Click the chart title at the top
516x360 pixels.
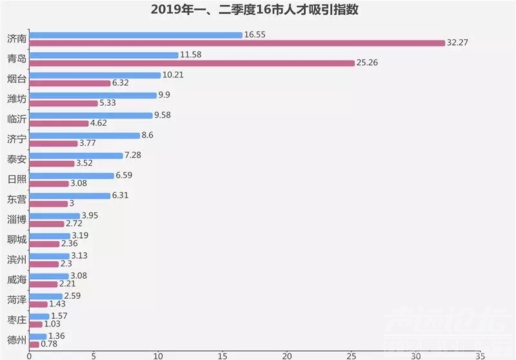click(254, 10)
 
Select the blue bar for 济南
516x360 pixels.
click(136, 35)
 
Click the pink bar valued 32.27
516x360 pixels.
click(237, 43)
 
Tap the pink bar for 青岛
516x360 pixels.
click(192, 63)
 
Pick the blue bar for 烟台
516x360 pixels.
click(95, 75)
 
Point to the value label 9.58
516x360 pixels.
click(163, 115)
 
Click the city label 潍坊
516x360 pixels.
click(17, 99)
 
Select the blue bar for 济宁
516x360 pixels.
click(85, 135)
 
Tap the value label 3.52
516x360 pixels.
click(84, 163)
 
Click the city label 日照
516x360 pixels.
click(17, 179)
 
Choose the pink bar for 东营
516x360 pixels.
click(49, 204)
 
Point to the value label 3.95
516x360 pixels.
click(90, 215)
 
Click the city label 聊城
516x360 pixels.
click(17, 239)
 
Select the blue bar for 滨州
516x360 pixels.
click(50, 256)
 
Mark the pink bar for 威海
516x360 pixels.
click(43, 285)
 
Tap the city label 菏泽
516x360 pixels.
click(17, 300)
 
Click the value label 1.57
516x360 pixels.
click(59, 316)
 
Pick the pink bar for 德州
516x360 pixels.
click(34, 345)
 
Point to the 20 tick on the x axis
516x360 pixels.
click(287, 356)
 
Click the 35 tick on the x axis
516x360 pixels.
click(480, 356)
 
